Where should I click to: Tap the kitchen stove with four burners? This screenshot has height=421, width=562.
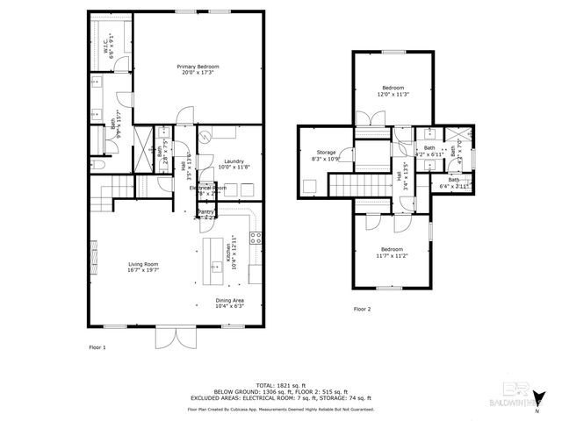256,237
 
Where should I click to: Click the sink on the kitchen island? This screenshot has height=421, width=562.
214,265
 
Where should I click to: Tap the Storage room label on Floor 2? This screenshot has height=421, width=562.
326,154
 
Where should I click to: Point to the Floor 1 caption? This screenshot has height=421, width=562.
97,348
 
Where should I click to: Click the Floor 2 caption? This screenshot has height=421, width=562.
363,310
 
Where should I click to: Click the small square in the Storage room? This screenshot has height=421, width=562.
310,185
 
